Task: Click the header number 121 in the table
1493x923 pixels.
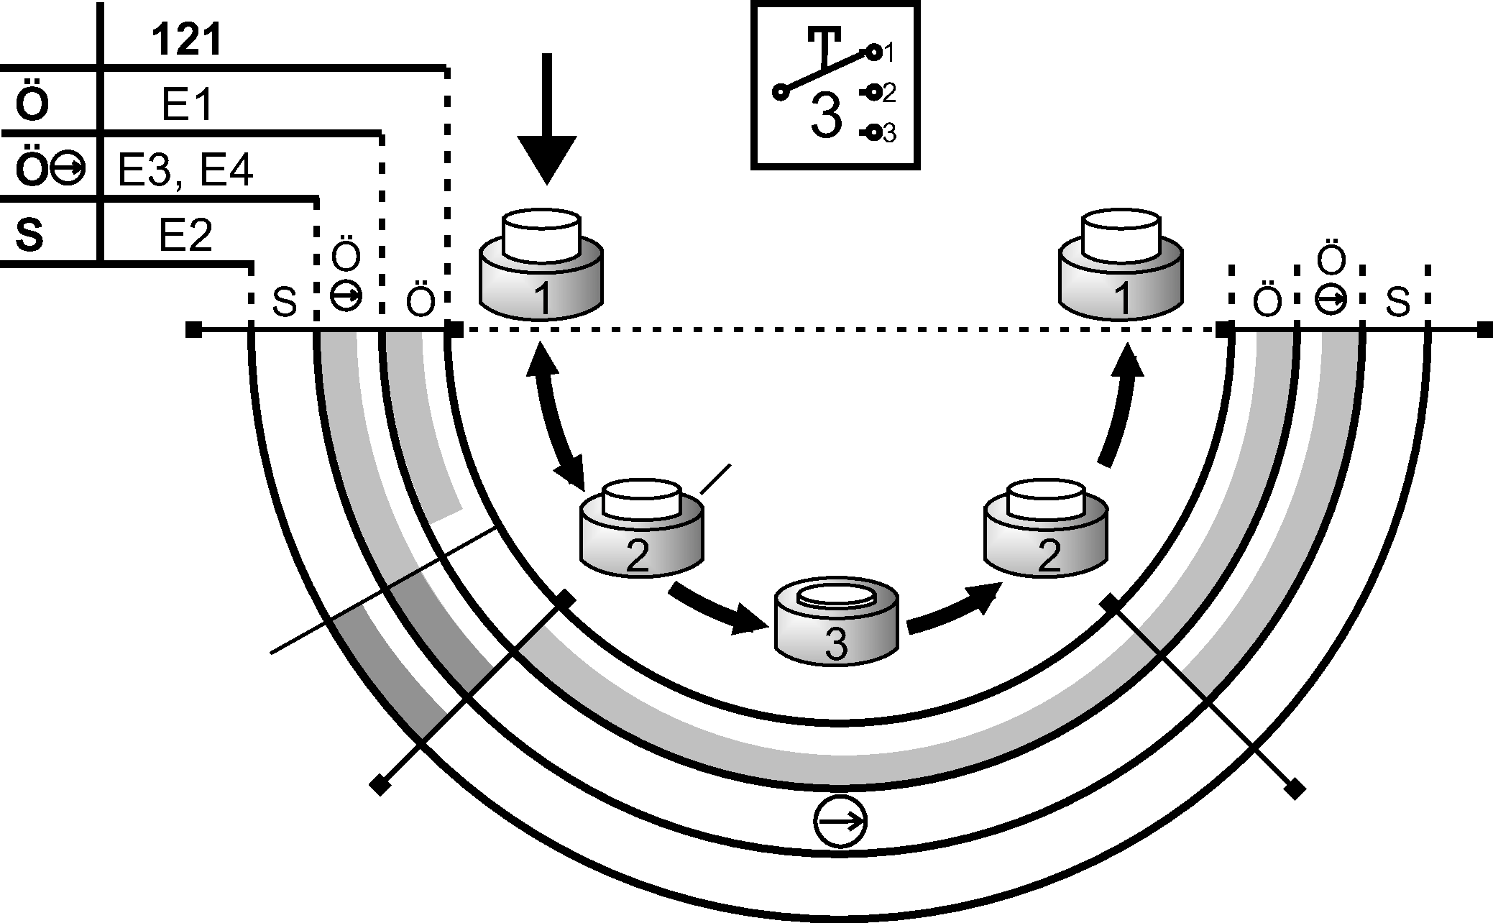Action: point(186,41)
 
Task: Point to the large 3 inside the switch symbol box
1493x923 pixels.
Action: point(826,116)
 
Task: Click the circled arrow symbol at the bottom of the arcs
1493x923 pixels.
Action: point(840,822)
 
